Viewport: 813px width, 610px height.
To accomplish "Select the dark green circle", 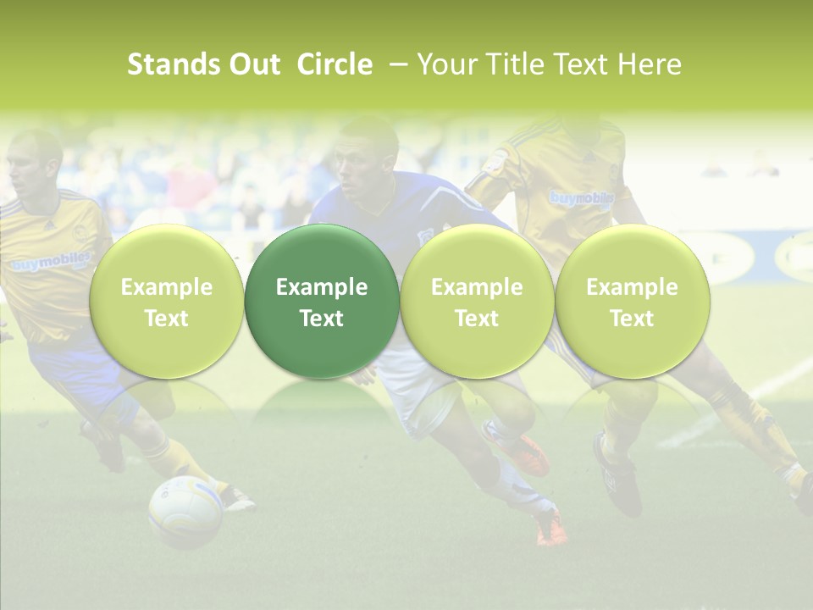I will click(x=322, y=302).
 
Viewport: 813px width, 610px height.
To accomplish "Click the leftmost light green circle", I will click(x=167, y=302).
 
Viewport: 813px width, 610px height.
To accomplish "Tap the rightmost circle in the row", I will click(x=632, y=302).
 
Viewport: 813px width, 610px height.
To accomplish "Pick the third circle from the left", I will click(x=477, y=302).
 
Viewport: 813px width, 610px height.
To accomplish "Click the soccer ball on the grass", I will click(x=185, y=510).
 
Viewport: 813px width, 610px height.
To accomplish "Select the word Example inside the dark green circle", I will click(x=322, y=287).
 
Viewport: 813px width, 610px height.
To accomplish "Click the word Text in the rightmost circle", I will click(x=632, y=319).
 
